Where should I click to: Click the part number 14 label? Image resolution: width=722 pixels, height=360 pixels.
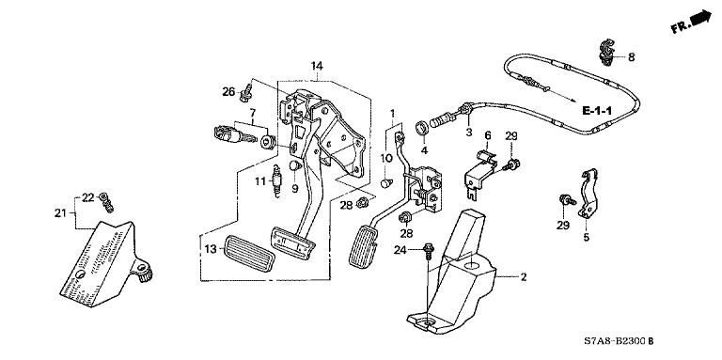coord(316,66)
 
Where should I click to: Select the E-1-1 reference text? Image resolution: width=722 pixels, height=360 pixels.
coord(596,111)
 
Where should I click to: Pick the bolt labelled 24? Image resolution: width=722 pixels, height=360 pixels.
coord(429,250)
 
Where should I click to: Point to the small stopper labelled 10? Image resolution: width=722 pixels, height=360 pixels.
coord(386,183)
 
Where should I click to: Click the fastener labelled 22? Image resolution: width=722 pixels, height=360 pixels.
coord(107,202)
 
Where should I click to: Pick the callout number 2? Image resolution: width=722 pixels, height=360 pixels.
coord(524,277)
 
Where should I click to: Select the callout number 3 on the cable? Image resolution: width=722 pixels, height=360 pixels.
coord(469,133)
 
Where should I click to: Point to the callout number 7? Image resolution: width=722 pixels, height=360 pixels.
coord(252,112)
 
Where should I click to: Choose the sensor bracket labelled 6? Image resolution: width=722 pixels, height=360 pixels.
coord(479,175)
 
